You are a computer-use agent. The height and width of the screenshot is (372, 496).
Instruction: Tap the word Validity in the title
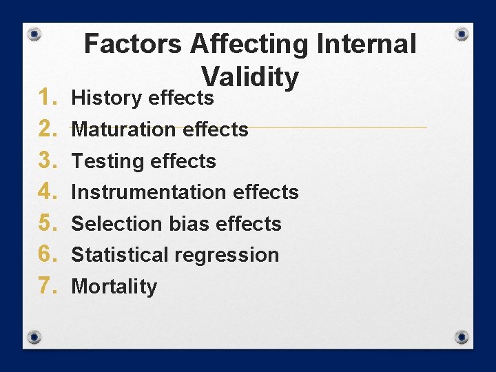click(249, 77)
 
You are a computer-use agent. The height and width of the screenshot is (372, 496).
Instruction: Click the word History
click(107, 99)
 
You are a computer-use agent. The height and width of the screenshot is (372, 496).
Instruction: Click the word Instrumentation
click(149, 192)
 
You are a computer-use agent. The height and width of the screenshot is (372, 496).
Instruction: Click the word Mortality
click(114, 287)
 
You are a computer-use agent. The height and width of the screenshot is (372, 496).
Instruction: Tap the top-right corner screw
click(462, 34)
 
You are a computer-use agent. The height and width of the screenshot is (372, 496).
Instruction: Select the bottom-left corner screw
click(34, 337)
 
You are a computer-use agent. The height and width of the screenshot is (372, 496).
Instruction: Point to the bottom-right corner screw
click(462, 337)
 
